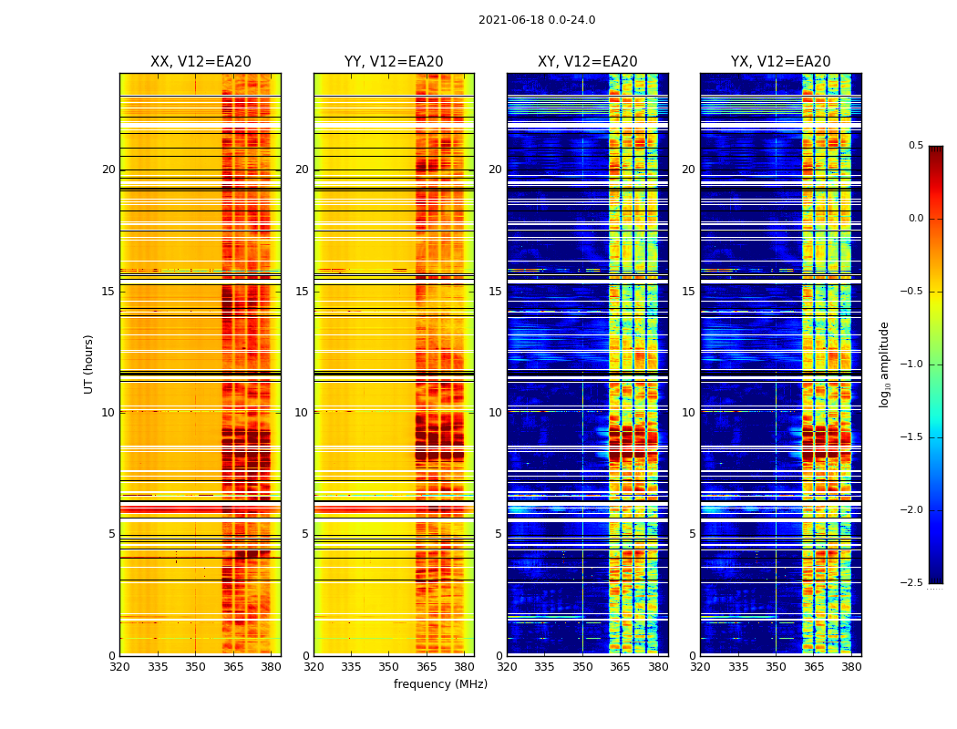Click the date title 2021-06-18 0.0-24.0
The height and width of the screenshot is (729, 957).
tap(537, 20)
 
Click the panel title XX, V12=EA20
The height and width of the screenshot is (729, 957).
tap(201, 62)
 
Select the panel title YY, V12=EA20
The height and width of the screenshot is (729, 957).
tap(394, 62)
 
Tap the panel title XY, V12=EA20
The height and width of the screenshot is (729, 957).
tap(588, 62)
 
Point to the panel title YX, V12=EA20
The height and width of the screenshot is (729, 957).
tap(781, 62)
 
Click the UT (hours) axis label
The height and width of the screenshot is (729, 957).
tap(89, 364)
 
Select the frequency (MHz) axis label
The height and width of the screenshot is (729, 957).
tap(440, 684)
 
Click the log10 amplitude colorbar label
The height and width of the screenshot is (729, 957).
tap(884, 364)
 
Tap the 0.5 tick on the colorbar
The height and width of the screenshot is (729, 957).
tap(915, 146)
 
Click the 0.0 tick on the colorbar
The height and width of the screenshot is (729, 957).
tap(915, 219)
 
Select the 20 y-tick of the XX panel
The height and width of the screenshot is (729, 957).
tap(108, 169)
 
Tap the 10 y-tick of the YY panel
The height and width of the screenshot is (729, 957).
tap(302, 413)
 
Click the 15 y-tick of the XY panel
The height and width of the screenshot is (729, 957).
tap(495, 292)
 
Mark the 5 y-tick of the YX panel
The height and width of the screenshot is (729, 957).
tap(691, 534)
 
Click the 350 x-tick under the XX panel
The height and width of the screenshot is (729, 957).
tap(195, 666)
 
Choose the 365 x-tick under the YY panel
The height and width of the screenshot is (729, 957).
tap(427, 666)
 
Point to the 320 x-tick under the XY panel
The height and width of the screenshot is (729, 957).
tap(507, 666)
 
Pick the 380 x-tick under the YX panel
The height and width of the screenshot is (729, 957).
tap(851, 666)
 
